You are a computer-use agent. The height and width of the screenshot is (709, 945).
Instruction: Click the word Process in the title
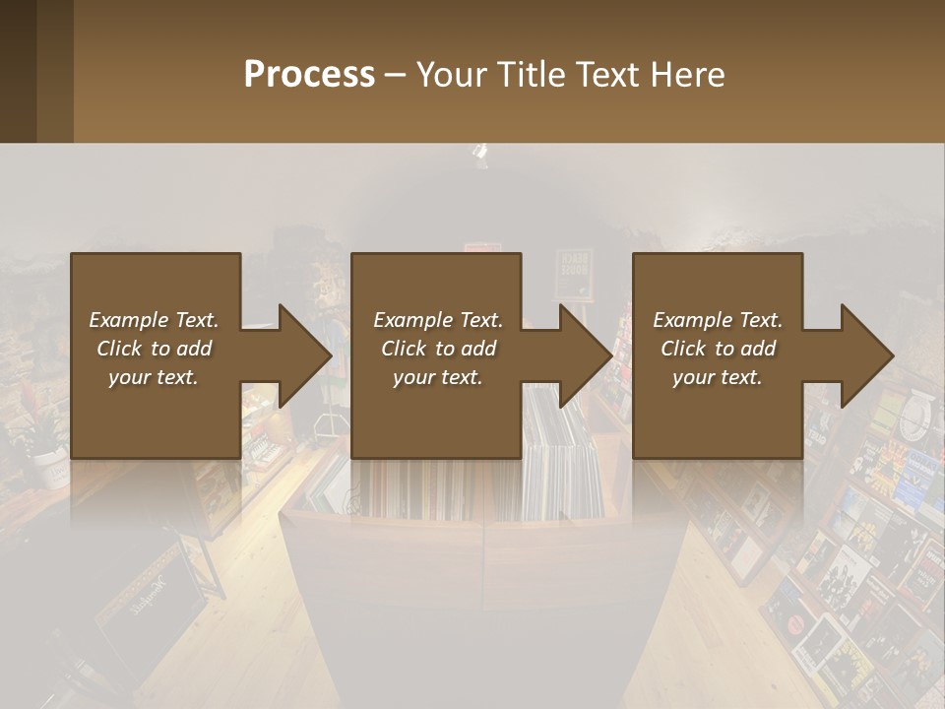point(309,75)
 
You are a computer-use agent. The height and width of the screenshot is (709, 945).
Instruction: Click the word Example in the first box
point(129,320)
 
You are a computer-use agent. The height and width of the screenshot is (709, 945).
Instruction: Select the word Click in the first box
point(120,349)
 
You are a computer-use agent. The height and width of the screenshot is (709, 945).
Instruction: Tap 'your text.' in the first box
point(154,377)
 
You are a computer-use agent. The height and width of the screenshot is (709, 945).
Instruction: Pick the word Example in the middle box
point(413,320)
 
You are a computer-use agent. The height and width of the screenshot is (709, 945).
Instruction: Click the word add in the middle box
point(478,349)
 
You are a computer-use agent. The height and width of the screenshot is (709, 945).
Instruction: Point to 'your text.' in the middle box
point(438,377)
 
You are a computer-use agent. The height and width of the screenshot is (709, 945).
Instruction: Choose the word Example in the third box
point(693,320)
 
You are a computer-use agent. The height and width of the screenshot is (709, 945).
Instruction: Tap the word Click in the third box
point(684,349)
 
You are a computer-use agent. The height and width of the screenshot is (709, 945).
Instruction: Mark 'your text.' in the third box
point(718,377)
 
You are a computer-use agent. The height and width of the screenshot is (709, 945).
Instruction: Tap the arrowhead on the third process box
point(866,355)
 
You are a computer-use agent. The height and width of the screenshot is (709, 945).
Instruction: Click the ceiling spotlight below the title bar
point(480,153)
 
